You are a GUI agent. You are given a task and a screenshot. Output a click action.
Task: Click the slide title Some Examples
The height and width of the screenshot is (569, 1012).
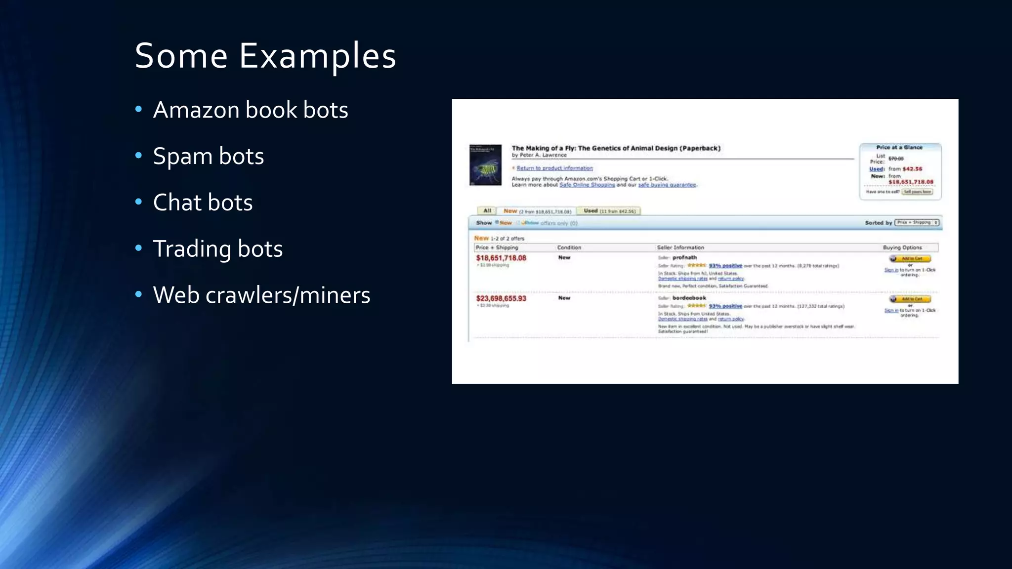[x=265, y=55]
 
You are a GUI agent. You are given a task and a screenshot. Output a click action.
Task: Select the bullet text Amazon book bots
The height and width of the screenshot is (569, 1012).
[x=251, y=110]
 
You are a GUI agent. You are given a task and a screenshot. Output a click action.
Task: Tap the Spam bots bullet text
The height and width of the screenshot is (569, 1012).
[x=208, y=156]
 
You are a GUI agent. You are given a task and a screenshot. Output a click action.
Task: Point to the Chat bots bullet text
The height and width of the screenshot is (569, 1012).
[x=203, y=203]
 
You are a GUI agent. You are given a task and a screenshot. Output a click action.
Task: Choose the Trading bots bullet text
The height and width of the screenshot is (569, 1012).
[x=217, y=248]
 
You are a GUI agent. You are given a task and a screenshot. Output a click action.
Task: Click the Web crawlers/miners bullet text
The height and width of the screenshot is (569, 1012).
[x=261, y=295]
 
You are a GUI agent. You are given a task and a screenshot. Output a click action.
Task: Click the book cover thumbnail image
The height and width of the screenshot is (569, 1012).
[x=485, y=165]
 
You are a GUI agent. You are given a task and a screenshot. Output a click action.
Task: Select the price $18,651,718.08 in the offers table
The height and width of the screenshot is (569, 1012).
[x=501, y=258]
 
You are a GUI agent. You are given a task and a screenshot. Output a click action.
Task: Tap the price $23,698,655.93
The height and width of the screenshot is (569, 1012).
[x=501, y=298]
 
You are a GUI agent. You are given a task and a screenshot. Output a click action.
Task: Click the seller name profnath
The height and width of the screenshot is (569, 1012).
[x=684, y=257]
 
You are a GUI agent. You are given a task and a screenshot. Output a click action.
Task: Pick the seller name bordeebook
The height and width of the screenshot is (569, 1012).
[x=689, y=298]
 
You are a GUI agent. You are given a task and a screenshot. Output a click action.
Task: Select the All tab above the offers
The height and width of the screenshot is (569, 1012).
[x=487, y=211]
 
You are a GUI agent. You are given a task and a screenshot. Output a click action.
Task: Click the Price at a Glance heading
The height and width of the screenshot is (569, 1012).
[x=899, y=147]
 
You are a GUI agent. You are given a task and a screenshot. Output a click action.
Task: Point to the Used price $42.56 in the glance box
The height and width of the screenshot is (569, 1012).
[x=912, y=169]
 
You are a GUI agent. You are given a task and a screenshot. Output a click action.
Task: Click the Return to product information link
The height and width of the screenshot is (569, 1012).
[x=554, y=168]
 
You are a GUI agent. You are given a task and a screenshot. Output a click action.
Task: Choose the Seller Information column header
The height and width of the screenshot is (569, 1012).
[x=680, y=247]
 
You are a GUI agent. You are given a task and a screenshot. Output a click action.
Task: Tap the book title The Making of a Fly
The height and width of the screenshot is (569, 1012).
[x=616, y=148]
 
